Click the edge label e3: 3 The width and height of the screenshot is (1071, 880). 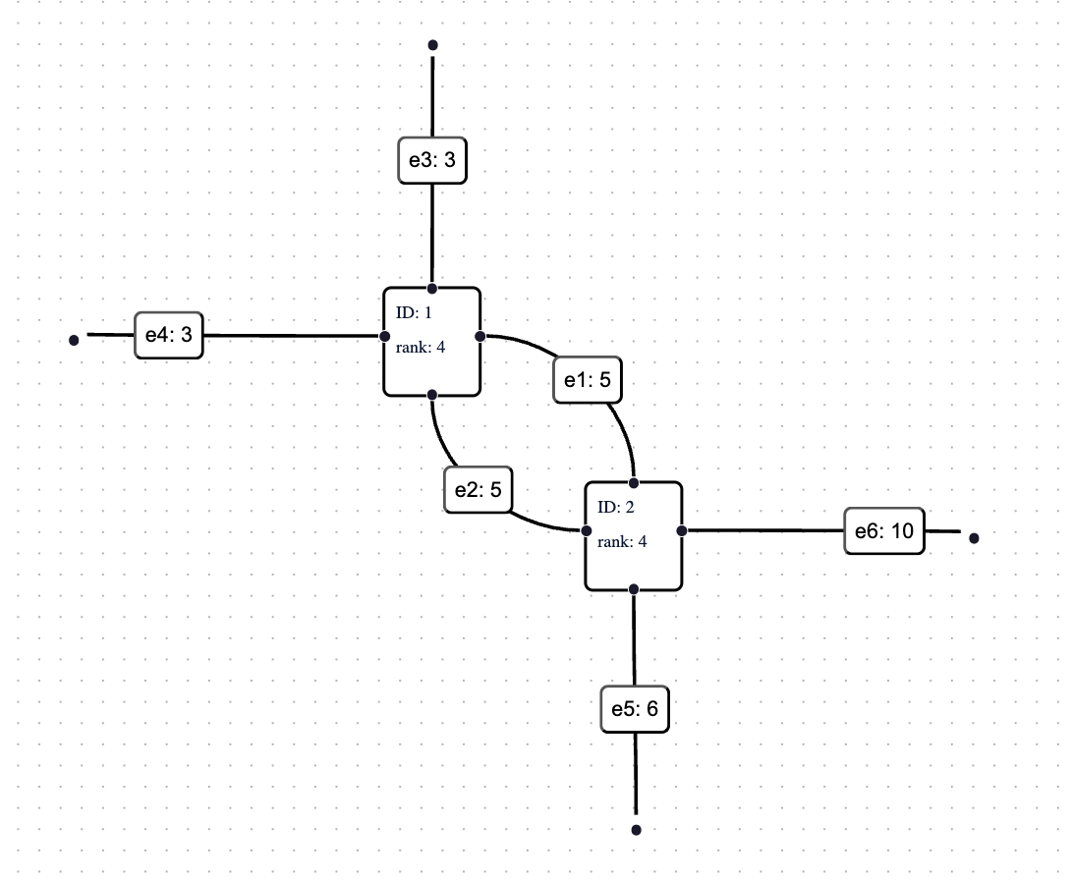tap(431, 160)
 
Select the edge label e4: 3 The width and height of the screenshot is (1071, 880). tap(168, 335)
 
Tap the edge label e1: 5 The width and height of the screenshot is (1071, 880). tap(588, 379)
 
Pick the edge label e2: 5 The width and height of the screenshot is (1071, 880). tap(479, 489)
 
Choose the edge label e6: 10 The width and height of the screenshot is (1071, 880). tap(884, 532)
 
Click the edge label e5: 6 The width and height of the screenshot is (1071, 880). tap(635, 709)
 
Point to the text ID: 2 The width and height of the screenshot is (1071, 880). tap(616, 507)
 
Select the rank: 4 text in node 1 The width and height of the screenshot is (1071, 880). tap(421, 346)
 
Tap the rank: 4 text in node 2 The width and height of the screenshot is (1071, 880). tap(622, 540)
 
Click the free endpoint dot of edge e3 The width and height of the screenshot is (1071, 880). tap(432, 45)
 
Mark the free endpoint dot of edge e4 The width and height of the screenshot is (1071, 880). tap(74, 341)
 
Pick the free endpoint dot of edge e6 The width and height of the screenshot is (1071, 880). tap(974, 538)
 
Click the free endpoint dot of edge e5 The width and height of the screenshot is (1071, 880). tap(636, 830)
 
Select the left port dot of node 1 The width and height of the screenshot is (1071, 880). tap(385, 337)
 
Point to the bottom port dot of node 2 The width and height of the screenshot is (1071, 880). tap(634, 588)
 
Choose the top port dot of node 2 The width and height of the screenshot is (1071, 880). tap(635, 483)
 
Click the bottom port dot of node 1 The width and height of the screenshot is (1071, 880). tap(432, 394)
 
